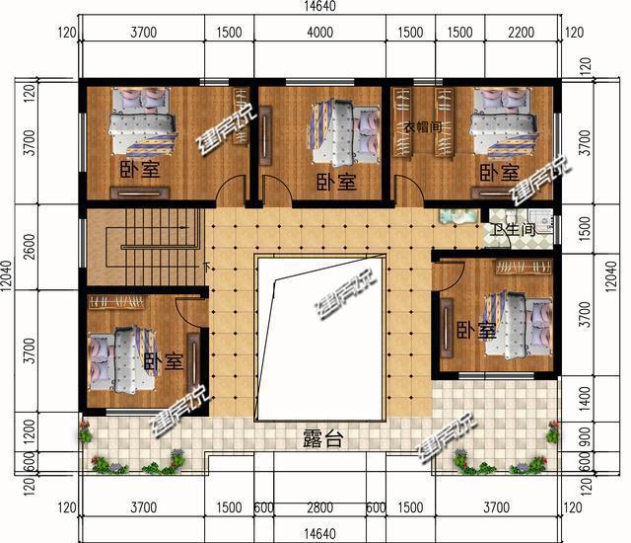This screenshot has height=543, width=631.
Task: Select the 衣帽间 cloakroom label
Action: pos(423,127)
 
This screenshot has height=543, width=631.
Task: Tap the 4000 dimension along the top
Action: pos(319,33)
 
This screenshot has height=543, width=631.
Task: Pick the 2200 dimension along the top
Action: pos(522,33)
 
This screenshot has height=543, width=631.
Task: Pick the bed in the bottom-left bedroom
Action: pos(117,361)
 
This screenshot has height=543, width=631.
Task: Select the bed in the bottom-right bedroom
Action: pos(519,320)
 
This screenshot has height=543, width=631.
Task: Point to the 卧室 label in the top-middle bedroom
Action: pos(336,183)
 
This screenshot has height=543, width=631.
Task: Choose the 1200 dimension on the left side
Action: pos(29,430)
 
